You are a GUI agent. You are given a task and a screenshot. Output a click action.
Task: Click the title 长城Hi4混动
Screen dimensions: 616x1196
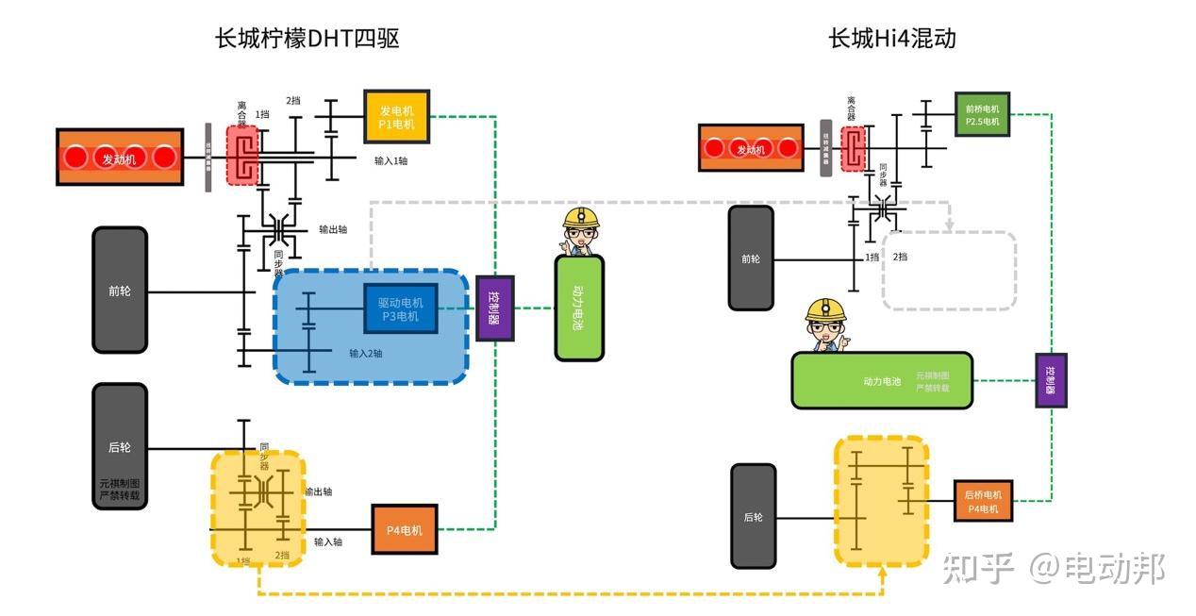click(891, 39)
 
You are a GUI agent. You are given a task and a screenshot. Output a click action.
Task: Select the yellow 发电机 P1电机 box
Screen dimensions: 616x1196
click(396, 117)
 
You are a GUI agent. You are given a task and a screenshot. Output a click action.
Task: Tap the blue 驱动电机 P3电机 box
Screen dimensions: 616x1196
click(400, 308)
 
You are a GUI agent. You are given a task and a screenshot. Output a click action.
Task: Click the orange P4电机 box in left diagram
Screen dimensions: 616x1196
click(404, 530)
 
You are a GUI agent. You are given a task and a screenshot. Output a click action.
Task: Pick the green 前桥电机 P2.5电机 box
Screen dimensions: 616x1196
click(982, 114)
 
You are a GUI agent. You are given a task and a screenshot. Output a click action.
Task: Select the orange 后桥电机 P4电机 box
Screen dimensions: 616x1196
click(983, 501)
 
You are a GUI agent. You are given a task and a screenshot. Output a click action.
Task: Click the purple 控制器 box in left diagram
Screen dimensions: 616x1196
click(494, 308)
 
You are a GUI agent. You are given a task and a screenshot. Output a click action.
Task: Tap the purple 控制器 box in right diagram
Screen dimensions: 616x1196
click(1051, 380)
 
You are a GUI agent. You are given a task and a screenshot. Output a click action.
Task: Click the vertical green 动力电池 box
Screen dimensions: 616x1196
click(579, 308)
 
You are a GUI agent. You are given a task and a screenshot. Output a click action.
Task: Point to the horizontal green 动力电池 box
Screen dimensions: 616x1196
click(881, 381)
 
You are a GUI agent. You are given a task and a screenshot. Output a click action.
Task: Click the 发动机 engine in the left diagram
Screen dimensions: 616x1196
click(120, 158)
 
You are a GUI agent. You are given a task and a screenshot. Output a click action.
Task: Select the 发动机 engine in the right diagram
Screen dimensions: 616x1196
click(751, 148)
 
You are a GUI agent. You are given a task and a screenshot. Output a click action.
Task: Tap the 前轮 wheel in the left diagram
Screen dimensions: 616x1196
click(120, 291)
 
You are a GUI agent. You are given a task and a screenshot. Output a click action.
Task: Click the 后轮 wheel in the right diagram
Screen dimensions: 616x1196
click(753, 516)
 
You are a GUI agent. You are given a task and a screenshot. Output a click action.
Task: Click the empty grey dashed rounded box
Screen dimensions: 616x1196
click(949, 271)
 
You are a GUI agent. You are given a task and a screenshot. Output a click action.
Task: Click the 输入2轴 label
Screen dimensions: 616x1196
click(365, 354)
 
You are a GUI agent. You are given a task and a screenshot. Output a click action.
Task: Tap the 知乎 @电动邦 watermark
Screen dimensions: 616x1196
click(1053, 569)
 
